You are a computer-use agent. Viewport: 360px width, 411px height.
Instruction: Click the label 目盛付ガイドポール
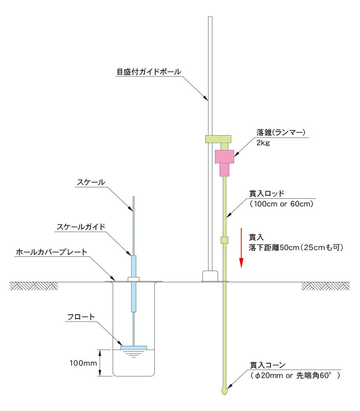click(x=149, y=71)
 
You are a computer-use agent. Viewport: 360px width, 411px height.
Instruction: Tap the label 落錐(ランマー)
click(x=281, y=133)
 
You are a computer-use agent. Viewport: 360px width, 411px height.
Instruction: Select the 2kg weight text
click(x=263, y=143)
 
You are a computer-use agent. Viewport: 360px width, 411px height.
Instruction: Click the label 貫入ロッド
click(x=266, y=194)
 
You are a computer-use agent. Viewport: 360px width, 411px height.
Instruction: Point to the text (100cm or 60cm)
click(x=281, y=203)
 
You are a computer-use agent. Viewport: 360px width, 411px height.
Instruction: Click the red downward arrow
click(x=241, y=248)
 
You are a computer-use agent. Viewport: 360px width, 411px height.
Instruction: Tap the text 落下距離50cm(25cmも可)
click(x=296, y=248)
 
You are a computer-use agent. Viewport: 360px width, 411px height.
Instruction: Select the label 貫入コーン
click(x=267, y=365)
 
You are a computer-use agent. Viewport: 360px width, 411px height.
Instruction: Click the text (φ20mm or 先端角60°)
click(x=295, y=376)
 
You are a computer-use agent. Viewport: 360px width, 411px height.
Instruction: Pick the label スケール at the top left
click(x=91, y=182)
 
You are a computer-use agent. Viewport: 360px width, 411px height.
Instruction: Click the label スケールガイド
click(x=81, y=227)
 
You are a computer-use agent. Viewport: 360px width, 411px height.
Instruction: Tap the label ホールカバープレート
click(x=51, y=252)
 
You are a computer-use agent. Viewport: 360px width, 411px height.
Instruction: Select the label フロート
click(x=81, y=316)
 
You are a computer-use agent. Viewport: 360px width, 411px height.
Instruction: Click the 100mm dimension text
click(x=83, y=363)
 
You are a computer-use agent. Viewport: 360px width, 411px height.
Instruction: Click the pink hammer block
click(x=224, y=163)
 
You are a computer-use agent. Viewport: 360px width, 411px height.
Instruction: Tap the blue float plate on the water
click(x=134, y=348)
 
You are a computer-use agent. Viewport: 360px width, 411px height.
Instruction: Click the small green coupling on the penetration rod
click(x=224, y=240)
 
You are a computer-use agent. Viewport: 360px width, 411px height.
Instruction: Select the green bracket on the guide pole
click(x=218, y=139)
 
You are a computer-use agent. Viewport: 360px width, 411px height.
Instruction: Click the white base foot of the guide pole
click(x=210, y=276)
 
